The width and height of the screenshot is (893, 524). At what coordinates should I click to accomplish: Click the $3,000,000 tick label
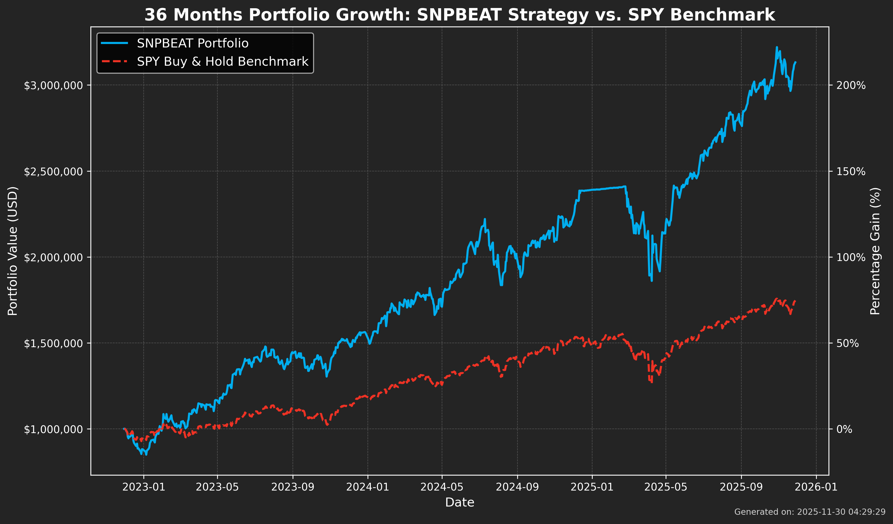[x=53, y=85]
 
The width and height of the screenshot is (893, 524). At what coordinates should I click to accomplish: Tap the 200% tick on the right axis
[x=851, y=85]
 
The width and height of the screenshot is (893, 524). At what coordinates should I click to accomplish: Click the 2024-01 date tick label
[x=368, y=487]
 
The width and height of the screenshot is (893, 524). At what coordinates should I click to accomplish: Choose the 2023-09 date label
[x=293, y=487]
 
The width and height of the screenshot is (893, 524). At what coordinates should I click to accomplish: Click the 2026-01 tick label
[x=816, y=487]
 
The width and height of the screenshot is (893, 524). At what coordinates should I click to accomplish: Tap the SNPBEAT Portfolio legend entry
[x=192, y=43]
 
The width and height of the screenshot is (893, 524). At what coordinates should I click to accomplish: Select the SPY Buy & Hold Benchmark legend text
[x=223, y=62]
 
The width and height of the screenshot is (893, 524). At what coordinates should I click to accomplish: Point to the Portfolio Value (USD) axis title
[x=13, y=251]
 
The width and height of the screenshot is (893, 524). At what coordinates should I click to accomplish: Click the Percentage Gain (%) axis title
[x=875, y=251]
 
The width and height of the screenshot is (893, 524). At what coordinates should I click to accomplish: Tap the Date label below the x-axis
[x=459, y=502]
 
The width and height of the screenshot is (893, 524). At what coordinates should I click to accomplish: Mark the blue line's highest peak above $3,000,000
[x=776, y=47]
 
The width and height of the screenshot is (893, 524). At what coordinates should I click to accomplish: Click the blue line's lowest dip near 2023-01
[x=146, y=454]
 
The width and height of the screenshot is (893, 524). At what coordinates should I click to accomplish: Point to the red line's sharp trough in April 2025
[x=651, y=382]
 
